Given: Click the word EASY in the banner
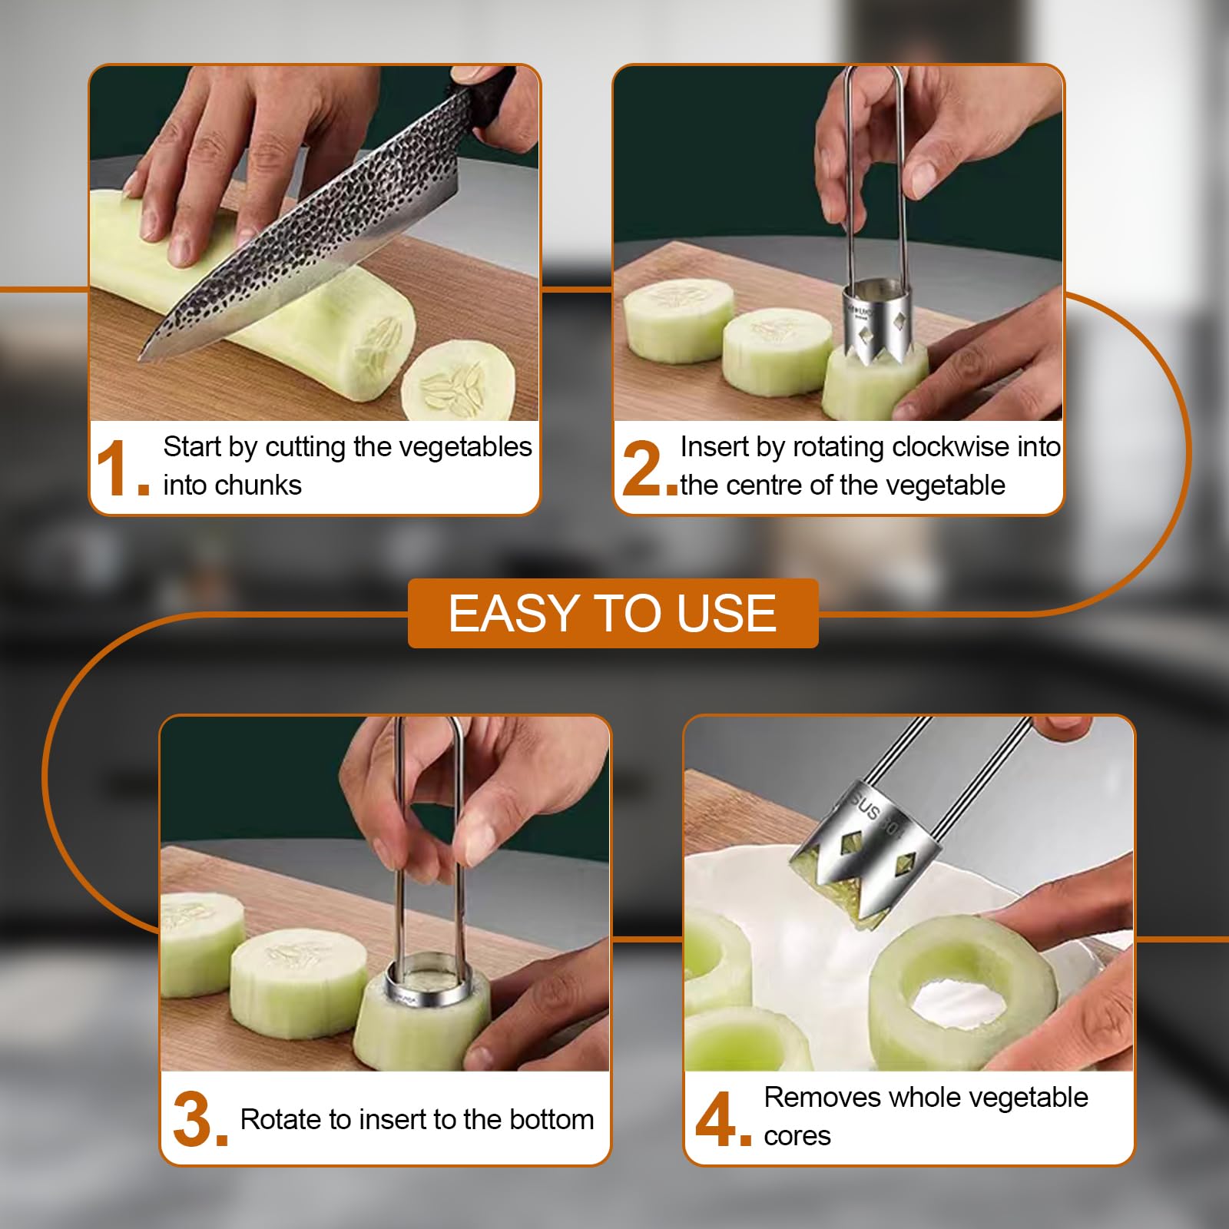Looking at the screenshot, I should pos(513,614).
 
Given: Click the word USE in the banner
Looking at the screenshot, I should pos(727,614).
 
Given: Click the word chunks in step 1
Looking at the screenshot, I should pos(263,485).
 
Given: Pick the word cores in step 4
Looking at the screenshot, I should pos(797,1135).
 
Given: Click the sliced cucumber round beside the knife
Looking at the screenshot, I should pos(458,381).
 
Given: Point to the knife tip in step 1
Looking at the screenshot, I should pos(144,355).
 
